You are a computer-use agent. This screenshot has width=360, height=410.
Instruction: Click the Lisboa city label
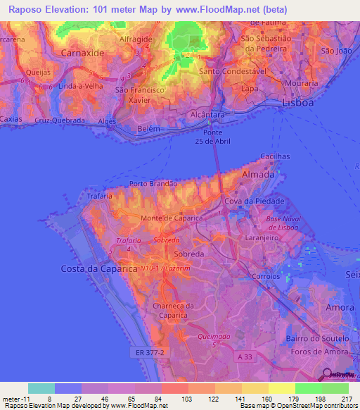295,103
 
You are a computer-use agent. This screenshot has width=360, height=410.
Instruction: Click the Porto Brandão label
152,183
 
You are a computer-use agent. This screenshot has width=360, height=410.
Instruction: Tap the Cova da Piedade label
259,201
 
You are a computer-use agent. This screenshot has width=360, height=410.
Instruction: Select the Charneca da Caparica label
172,310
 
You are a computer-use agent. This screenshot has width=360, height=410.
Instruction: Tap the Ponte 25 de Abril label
213,135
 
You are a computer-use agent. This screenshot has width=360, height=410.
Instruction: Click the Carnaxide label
83,53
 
